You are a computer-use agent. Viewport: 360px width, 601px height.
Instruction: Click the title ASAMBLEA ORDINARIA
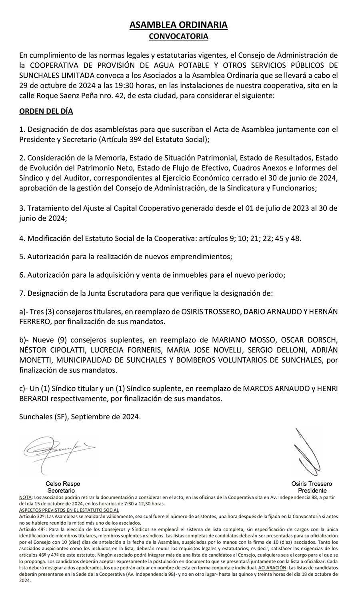(178, 25)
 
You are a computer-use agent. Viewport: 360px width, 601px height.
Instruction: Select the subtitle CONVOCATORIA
(178, 36)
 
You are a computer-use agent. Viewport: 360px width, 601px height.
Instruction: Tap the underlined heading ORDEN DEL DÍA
(46, 111)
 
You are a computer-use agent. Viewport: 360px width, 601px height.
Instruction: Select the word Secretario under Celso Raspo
(61, 490)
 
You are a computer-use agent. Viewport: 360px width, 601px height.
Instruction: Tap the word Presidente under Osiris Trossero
(312, 490)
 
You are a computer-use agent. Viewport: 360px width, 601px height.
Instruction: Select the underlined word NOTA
(26, 497)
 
